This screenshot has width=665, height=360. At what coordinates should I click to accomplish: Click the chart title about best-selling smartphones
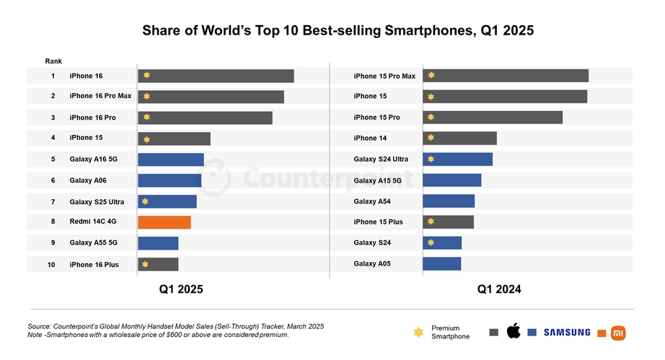tap(332, 31)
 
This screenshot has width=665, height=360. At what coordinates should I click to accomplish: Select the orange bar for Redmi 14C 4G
tap(164, 222)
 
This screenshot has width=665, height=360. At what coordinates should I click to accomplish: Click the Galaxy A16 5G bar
tap(171, 159)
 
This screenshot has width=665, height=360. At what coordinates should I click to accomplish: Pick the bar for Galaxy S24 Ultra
tap(457, 159)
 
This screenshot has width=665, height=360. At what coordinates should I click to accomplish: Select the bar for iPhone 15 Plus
tap(448, 222)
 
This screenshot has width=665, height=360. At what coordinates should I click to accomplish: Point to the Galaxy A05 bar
tap(441, 264)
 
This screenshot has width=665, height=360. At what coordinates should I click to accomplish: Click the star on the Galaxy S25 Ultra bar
tap(146, 201)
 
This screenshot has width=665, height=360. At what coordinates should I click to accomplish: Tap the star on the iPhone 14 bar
tap(431, 138)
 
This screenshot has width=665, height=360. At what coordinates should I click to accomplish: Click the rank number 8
tap(53, 222)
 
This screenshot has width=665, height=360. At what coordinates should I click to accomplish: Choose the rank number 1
tap(53, 76)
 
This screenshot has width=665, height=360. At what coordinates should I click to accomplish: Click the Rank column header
tap(53, 61)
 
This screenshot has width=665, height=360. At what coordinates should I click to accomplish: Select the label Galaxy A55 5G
tap(94, 243)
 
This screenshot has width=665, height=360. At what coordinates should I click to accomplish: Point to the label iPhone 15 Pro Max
tap(384, 76)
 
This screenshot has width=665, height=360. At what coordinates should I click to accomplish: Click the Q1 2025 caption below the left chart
tap(181, 289)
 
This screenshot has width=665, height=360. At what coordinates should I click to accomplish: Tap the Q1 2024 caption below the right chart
tap(498, 289)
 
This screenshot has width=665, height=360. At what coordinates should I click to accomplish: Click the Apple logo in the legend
tap(514, 332)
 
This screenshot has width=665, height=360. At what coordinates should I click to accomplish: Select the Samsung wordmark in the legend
tap(567, 333)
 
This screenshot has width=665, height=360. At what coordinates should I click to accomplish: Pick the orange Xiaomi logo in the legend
tap(619, 332)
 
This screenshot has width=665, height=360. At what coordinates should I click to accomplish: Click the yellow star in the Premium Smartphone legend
tap(418, 332)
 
